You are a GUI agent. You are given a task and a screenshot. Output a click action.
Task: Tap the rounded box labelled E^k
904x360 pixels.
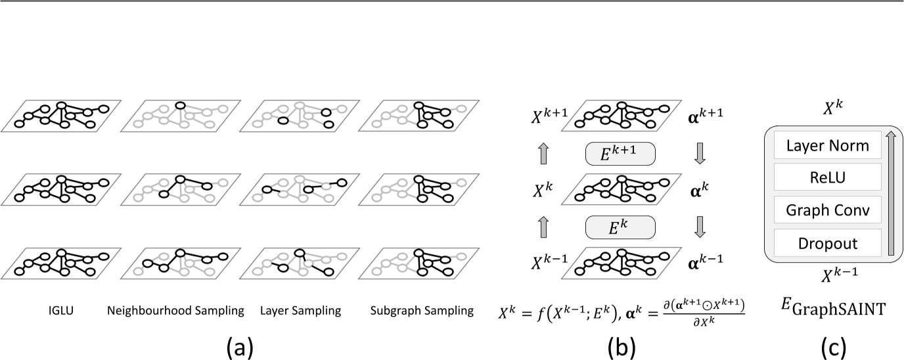620,226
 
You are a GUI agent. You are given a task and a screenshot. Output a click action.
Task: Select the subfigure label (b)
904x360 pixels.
619,345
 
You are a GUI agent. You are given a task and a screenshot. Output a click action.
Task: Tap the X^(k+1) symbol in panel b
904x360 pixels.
547,116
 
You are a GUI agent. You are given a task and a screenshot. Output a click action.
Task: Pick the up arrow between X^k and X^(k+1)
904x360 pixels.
543,154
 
